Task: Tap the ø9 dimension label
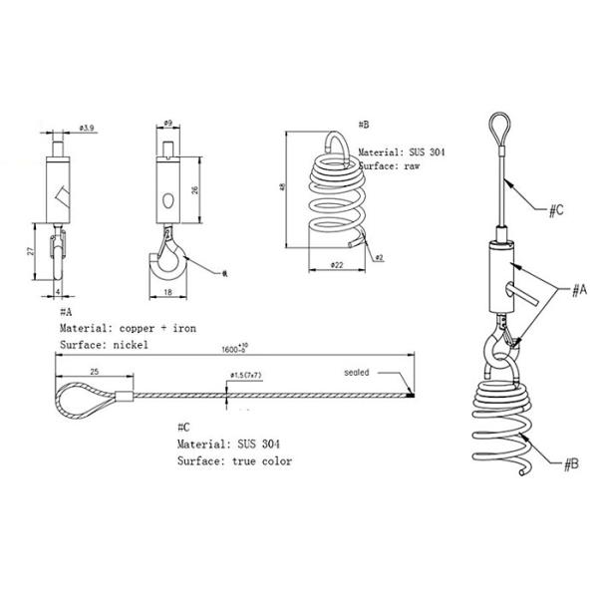[168, 124]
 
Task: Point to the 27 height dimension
[32, 253]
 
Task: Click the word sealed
[357, 373]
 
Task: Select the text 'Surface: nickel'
[104, 344]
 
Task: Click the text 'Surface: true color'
[234, 461]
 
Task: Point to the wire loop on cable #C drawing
[85, 397]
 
